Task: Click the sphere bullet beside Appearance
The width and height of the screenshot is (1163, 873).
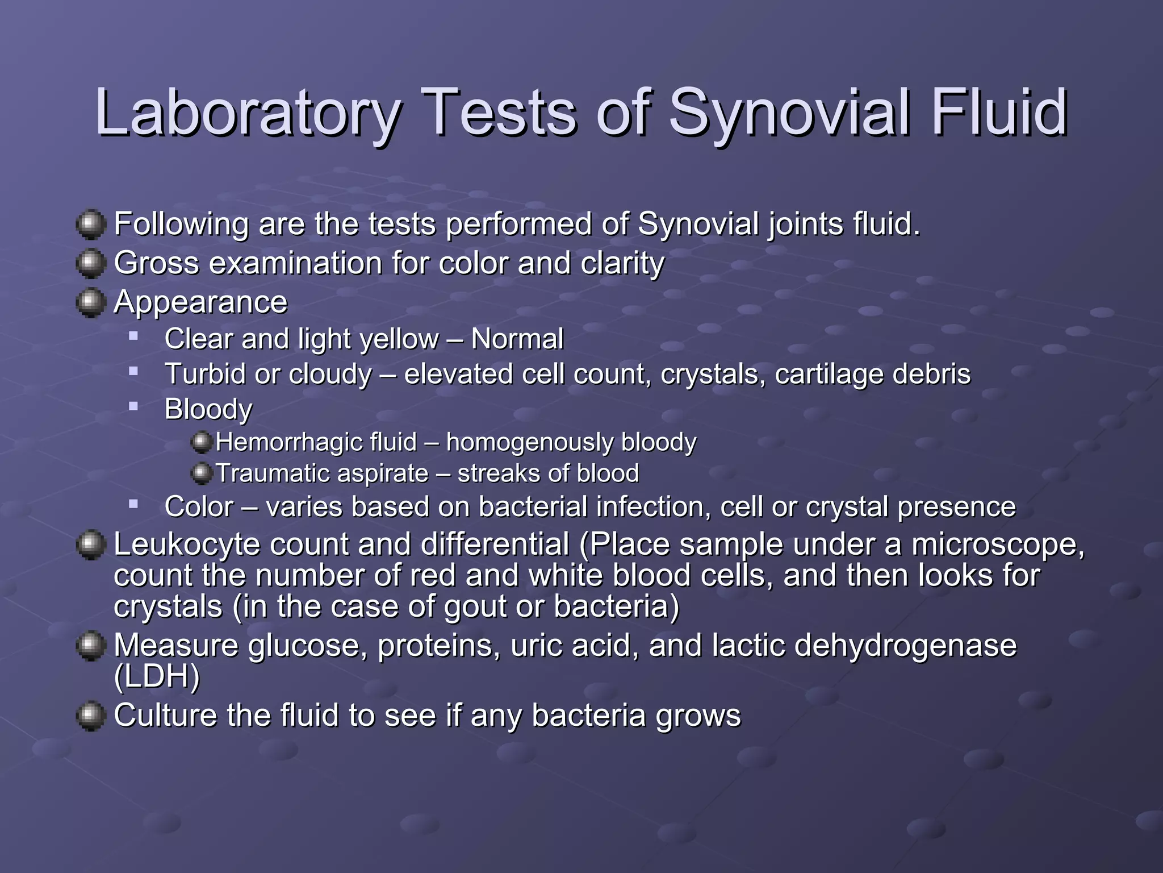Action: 90,302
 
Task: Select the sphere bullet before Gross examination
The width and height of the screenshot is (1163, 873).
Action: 90,263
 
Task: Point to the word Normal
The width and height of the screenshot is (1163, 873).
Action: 517,339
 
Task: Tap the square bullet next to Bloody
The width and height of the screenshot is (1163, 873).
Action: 133,406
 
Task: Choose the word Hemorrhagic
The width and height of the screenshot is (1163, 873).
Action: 316,442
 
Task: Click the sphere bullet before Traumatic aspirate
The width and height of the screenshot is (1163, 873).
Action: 201,473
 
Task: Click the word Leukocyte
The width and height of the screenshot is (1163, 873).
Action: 187,544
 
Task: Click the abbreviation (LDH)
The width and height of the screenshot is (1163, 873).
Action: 157,676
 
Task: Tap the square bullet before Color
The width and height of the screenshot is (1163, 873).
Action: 133,504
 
